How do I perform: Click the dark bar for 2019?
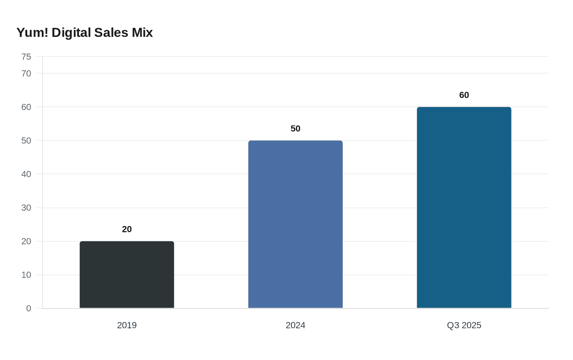pos(127,274)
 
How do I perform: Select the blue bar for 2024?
pos(296,224)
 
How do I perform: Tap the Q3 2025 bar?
pos(464,207)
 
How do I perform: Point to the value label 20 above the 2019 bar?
pos(127,229)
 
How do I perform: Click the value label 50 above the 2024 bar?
pos(296,128)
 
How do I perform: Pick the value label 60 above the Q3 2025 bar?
pos(464,95)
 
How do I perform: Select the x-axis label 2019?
pos(127,325)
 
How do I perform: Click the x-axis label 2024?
pos(296,325)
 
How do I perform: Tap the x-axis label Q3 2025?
pos(464,325)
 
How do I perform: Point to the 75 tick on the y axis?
pos(26,57)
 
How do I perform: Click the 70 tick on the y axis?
pos(26,74)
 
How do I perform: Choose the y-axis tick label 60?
pos(26,107)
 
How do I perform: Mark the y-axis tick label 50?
pos(26,141)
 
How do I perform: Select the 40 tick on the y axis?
pos(26,174)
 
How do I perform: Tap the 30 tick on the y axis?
pos(26,208)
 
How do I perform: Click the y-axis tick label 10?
pos(26,275)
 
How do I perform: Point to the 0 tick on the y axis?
pos(29,308)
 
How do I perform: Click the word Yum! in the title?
pos(32,32)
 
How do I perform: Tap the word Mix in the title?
pos(142,32)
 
